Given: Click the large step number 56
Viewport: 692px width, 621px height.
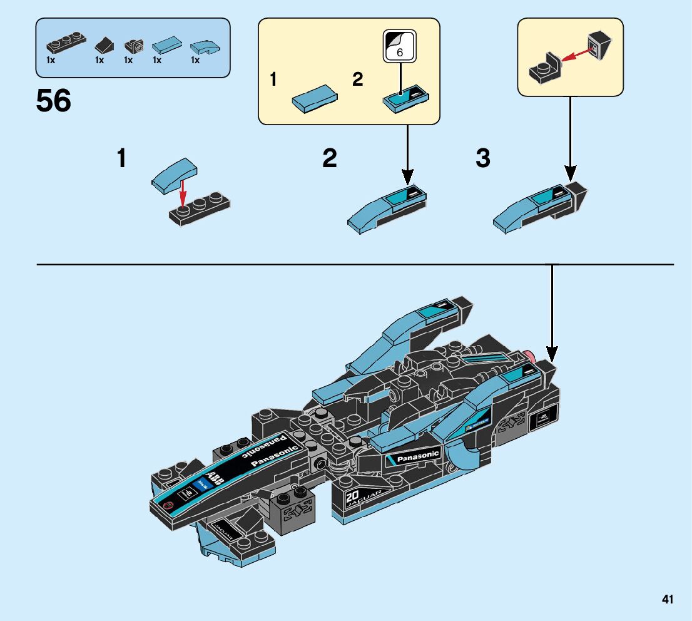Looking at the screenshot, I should tap(54, 100).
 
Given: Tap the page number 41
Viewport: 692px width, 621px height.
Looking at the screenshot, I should tap(667, 600).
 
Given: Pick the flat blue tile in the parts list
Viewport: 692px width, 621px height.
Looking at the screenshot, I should tap(166, 44).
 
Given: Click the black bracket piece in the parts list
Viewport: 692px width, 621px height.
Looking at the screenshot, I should tap(134, 45).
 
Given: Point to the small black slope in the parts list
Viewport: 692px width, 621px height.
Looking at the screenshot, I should tap(103, 44).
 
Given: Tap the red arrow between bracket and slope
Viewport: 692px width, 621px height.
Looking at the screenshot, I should tap(576, 56).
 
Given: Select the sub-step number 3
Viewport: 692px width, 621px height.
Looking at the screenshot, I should tap(482, 158).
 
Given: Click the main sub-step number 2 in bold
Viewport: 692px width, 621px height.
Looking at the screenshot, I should tap(330, 158).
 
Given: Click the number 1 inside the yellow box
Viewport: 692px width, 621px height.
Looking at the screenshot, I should tap(273, 80).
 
